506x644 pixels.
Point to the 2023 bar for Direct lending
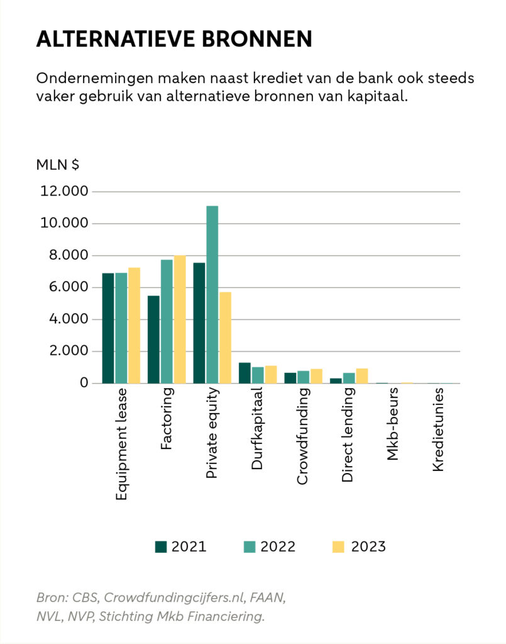coord(361,376)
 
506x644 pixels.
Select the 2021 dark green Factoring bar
coord(153,340)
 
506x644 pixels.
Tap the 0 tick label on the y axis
coord(82,383)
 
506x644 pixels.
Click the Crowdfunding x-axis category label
coord(302,436)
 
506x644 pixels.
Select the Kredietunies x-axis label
coord(439,430)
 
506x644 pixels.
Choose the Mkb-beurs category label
coord(393,425)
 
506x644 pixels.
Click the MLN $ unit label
coord(57,165)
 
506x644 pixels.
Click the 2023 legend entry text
coord(368,547)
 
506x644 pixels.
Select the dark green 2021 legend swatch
coord(161,547)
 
